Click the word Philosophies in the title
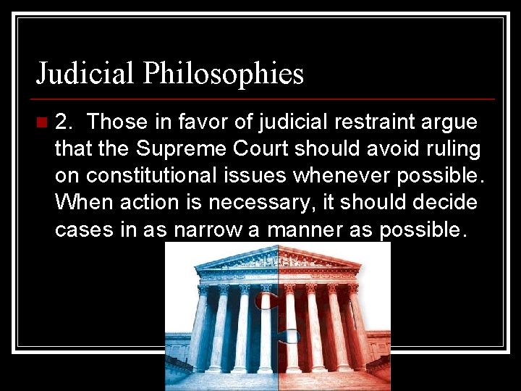tap(223, 74)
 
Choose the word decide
tap(446, 202)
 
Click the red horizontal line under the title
tap(265, 98)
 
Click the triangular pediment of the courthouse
tap(279, 259)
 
